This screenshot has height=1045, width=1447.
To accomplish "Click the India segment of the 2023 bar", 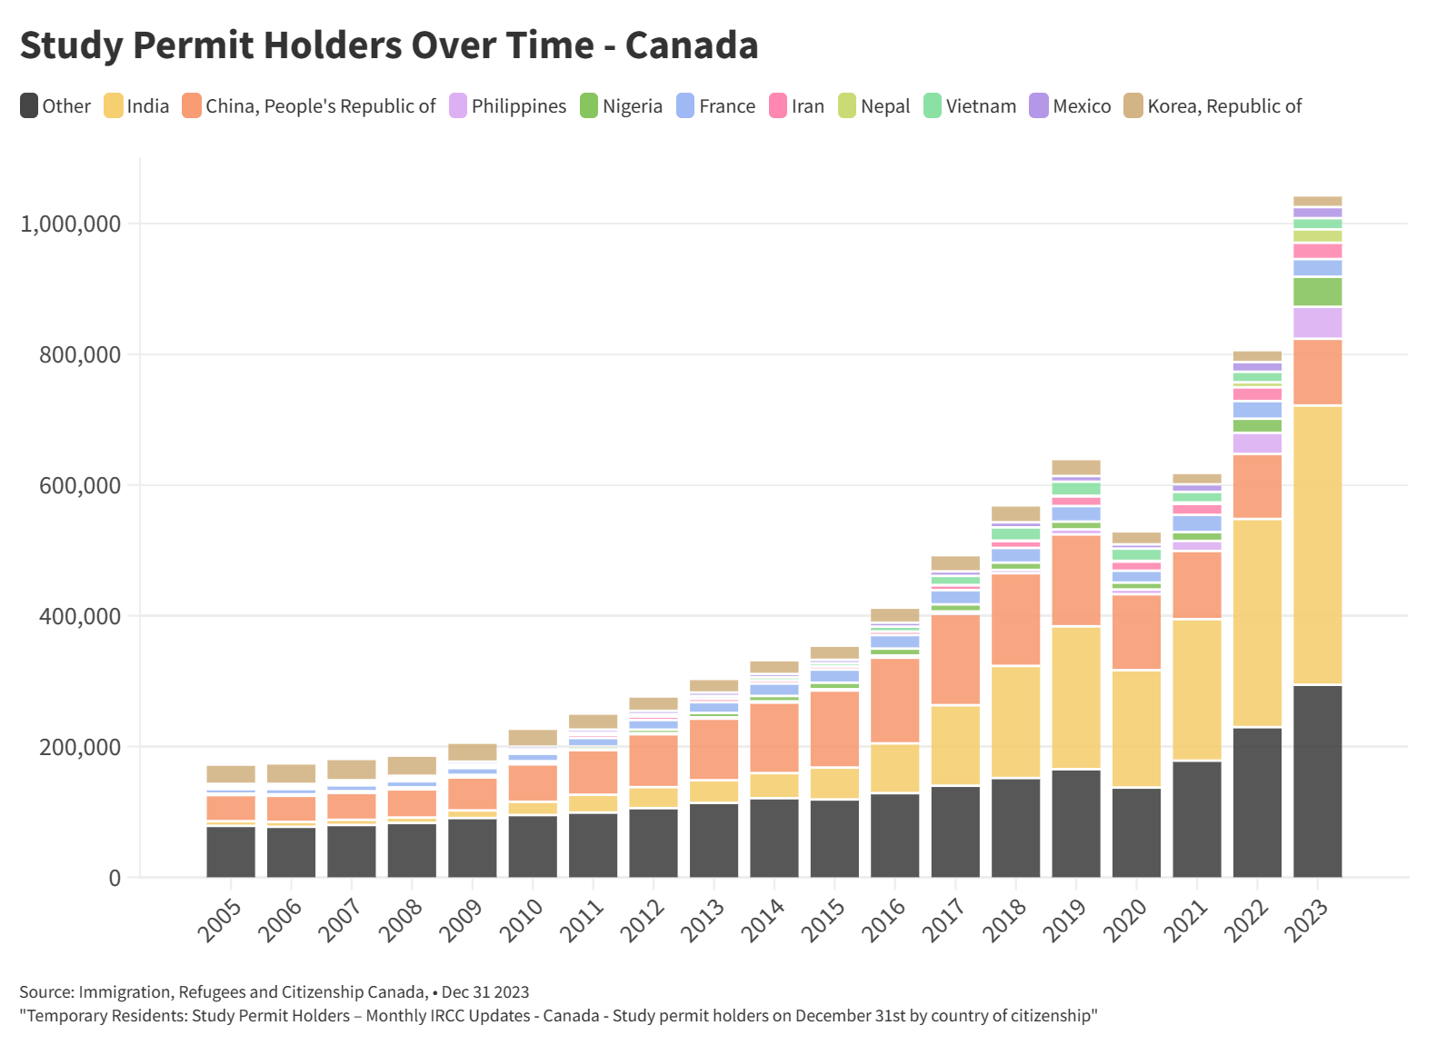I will coord(1317,544).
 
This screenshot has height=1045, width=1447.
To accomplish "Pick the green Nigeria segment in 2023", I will coord(1317,292).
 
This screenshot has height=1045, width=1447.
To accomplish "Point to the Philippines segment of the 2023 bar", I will coord(1317,323).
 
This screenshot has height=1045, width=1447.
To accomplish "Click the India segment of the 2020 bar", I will coord(1136,728).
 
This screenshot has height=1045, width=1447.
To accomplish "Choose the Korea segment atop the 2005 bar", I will coord(231,774).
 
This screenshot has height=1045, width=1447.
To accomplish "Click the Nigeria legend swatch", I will coord(589,106).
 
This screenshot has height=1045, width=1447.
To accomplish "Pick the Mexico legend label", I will coord(1082,106).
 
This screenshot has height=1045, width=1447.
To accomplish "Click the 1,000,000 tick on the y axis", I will coord(70,224).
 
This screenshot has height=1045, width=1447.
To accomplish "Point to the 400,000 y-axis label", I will coord(79,616).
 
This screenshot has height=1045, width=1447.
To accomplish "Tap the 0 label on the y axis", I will coord(115,878).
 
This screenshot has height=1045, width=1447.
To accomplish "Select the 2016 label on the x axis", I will coord(884,920).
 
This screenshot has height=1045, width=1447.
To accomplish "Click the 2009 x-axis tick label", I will coord(462,920).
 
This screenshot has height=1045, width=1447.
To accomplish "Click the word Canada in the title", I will coord(692,45).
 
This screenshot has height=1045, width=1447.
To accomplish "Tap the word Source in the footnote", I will coord(45,992).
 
